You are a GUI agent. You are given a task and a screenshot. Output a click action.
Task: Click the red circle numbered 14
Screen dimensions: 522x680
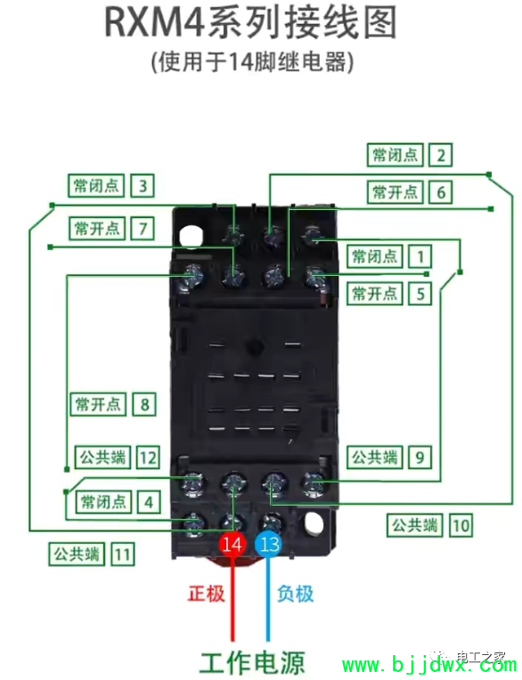pyautogui.click(x=232, y=544)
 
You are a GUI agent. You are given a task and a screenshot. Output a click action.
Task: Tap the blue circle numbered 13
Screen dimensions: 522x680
pyautogui.click(x=269, y=544)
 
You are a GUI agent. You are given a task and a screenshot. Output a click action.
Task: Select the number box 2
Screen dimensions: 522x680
pyautogui.click(x=441, y=155)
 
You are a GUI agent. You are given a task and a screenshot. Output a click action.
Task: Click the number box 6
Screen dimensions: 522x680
pyautogui.click(x=441, y=191)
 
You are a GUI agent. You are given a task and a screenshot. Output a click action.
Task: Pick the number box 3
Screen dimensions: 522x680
pyautogui.click(x=143, y=186)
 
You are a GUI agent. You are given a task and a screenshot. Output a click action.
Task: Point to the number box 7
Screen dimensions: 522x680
pyautogui.click(x=143, y=228)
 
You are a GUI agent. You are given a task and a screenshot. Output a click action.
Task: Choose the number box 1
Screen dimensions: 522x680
pyautogui.click(x=420, y=256)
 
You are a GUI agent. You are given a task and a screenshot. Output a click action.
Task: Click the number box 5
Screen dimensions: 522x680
pyautogui.click(x=420, y=294)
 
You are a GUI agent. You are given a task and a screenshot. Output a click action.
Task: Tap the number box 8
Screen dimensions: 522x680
pyautogui.click(x=144, y=404)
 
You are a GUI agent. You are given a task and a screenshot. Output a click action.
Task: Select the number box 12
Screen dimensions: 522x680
pyautogui.click(x=148, y=457)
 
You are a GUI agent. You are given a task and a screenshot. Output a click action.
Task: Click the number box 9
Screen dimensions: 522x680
pyautogui.click(x=420, y=457)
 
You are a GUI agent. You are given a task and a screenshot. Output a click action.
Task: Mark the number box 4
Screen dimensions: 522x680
pyautogui.click(x=149, y=502)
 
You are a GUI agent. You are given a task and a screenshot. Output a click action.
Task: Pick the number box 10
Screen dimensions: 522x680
pyautogui.click(x=461, y=526)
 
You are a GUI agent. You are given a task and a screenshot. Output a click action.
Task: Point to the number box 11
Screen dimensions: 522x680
pyautogui.click(x=123, y=555)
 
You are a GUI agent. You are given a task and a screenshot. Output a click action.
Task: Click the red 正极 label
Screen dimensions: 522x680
pyautogui.click(x=207, y=594)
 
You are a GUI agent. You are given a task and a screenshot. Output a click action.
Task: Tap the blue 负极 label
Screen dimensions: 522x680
pyautogui.click(x=296, y=594)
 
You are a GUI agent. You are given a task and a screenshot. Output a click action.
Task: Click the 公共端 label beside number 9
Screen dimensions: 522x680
pyautogui.click(x=374, y=457)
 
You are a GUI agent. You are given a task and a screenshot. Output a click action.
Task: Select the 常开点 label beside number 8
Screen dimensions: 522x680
pyautogui.click(x=98, y=404)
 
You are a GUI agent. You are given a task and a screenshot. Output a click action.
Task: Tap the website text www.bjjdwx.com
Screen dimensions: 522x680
pyautogui.click(x=428, y=666)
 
